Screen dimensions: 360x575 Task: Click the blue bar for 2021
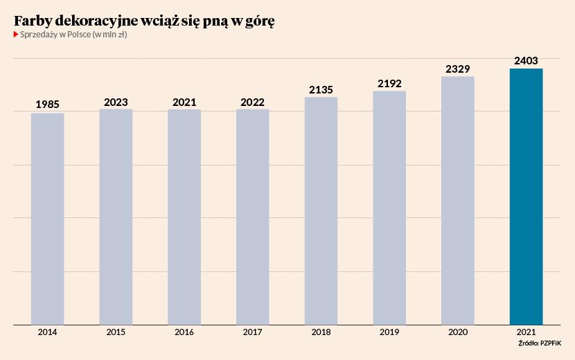(526, 197)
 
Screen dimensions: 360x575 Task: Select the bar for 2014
(47, 219)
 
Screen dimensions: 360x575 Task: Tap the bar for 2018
(321, 210)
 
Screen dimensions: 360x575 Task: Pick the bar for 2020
(457, 200)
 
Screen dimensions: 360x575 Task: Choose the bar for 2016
(184, 217)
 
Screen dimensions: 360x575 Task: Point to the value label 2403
(526, 61)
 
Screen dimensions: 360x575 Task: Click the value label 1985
(47, 105)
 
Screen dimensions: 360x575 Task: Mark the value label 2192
(389, 83)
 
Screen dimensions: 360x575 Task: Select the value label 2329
(457, 69)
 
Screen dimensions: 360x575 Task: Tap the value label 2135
(321, 89)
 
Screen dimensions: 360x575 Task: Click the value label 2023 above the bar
(116, 102)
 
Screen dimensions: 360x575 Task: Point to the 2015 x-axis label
(116, 332)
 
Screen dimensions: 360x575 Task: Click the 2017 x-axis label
(252, 332)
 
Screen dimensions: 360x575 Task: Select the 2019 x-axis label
(389, 332)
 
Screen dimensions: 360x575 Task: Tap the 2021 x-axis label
(526, 332)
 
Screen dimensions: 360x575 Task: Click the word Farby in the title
(33, 21)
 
